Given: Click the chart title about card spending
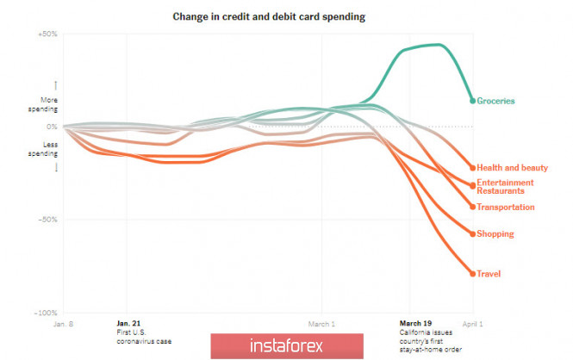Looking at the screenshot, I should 286,16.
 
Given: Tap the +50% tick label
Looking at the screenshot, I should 47,34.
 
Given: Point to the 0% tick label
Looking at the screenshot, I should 52,127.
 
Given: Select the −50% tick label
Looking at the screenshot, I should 47,220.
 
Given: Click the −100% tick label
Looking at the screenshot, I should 45,313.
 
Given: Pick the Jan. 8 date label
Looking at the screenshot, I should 63,325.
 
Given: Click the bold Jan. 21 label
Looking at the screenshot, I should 128,324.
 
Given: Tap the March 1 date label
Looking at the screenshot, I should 321,325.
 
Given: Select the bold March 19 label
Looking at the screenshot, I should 416,324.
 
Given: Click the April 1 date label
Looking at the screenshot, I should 472,325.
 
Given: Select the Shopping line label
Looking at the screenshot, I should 495,233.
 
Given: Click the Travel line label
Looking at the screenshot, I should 489,274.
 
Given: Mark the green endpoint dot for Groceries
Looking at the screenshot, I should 472,101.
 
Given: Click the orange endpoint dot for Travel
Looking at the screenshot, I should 472,274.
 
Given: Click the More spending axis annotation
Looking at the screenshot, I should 43,104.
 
